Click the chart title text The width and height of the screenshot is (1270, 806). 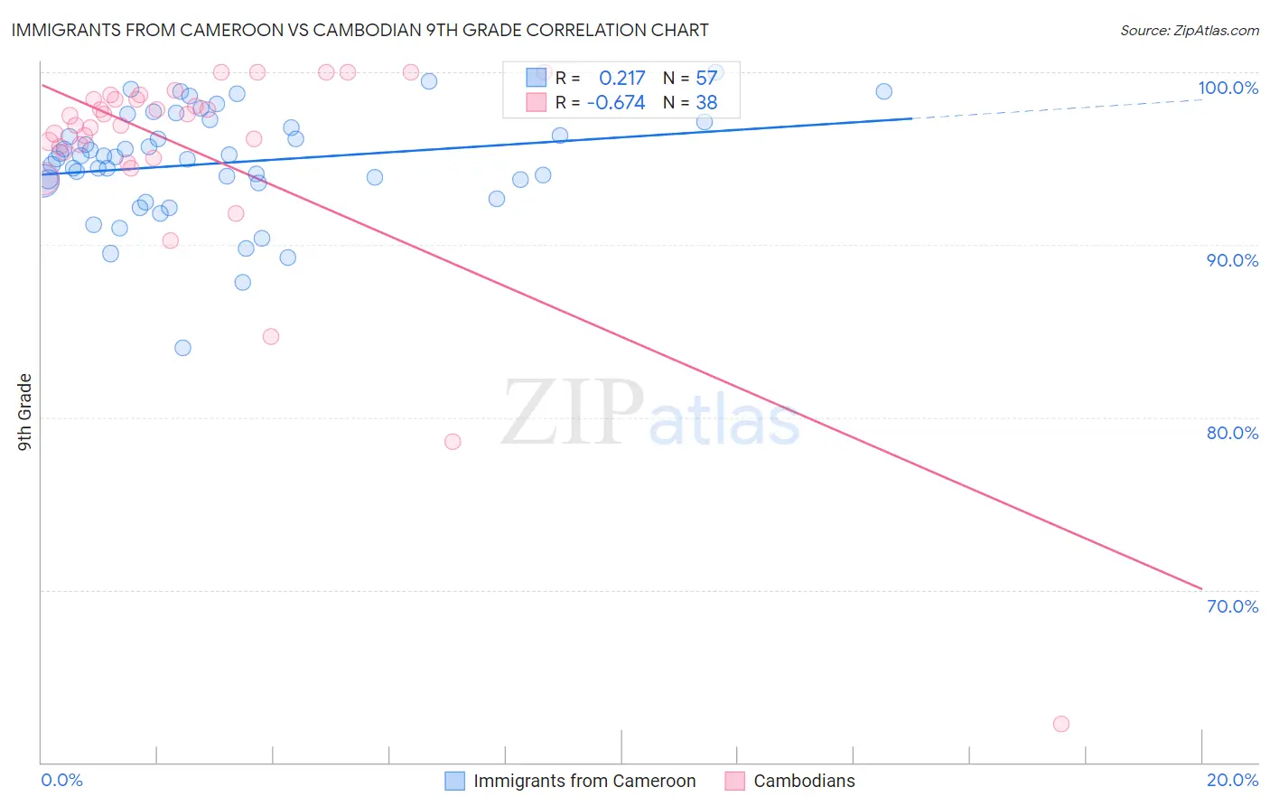click(360, 30)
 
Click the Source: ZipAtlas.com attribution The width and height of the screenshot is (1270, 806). click(1189, 30)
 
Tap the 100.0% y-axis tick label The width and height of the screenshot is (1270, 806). click(1228, 88)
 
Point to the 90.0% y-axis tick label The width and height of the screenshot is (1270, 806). click(1232, 260)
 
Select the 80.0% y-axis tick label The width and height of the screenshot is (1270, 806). click(1232, 433)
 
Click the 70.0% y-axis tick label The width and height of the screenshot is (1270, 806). click(1232, 606)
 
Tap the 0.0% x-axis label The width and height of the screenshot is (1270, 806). click(61, 780)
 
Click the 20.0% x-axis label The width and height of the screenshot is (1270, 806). click(1232, 780)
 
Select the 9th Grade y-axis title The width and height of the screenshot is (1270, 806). click(25, 411)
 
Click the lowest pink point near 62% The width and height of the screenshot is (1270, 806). click(1061, 724)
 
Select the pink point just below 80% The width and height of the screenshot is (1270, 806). click(453, 442)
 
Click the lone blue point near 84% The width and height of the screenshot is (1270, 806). click(182, 348)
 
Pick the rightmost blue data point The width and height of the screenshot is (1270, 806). click(883, 91)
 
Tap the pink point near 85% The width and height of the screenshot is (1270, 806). click(271, 336)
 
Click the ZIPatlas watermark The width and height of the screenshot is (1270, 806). click(650, 413)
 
